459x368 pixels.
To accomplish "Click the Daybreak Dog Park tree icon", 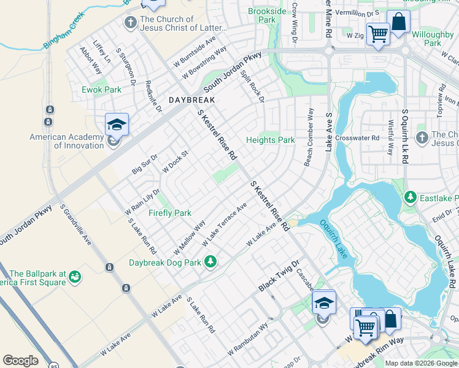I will click(x=210, y=262).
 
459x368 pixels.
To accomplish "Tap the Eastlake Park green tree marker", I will click(x=411, y=197).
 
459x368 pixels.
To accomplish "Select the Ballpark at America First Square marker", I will click(x=75, y=278).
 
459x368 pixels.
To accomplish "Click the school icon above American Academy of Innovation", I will click(x=117, y=126).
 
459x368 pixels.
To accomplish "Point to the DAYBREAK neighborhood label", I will click(x=192, y=99).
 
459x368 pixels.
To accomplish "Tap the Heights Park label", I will click(x=270, y=140).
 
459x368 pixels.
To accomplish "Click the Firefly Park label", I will click(x=170, y=213).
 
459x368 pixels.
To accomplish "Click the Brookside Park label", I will click(x=267, y=15).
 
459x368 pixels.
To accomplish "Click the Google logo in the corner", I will click(x=20, y=361).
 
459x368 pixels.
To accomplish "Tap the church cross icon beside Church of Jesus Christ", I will click(x=130, y=23).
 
